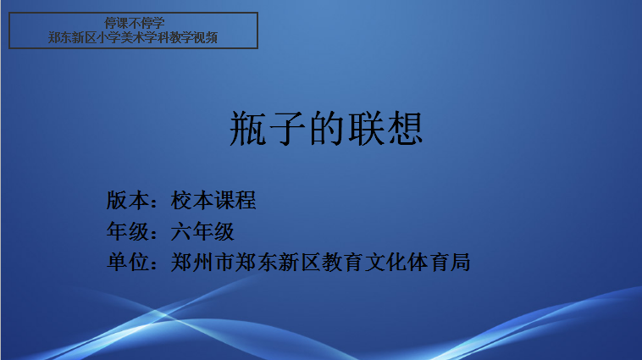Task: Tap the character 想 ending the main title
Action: click(x=405, y=129)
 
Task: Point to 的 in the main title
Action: click(x=326, y=129)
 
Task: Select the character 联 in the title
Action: click(x=366, y=129)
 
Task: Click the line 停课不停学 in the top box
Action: click(x=135, y=23)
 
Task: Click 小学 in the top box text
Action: click(x=108, y=37)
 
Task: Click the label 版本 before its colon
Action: click(x=128, y=200)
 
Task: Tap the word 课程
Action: click(x=235, y=200)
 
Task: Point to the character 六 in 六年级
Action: click(x=181, y=231)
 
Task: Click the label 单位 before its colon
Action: click(x=128, y=262)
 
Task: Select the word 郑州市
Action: click(x=202, y=262)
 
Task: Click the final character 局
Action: click(x=460, y=262)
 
